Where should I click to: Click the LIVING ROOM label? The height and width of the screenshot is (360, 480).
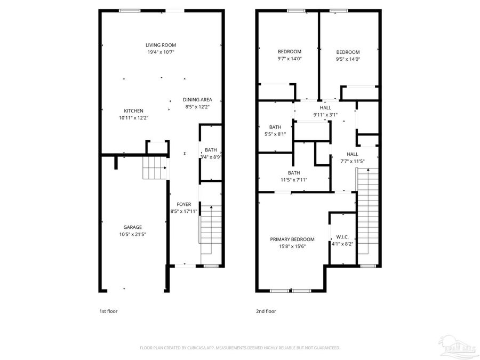161,45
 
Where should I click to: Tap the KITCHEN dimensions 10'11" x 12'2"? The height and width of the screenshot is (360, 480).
133,118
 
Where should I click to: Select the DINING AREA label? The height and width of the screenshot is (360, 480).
197,100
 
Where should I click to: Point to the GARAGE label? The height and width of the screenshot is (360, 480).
133,227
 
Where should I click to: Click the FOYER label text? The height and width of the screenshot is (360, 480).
184,204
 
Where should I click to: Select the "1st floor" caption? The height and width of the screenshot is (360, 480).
108,311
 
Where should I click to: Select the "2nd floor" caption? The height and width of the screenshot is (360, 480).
267,311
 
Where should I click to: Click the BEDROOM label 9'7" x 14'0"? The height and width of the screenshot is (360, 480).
290,52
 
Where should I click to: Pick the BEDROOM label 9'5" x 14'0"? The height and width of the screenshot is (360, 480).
348,52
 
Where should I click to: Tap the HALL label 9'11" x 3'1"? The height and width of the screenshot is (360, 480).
325,108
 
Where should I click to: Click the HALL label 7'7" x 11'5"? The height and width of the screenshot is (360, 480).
353,154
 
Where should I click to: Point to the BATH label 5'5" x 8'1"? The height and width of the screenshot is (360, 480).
275,127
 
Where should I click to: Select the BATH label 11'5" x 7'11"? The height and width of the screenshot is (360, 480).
294,173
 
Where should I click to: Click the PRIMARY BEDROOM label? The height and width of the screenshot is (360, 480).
292,239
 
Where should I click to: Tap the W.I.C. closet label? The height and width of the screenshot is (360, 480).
342,237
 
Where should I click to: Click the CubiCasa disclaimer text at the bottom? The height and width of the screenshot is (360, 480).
240,348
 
